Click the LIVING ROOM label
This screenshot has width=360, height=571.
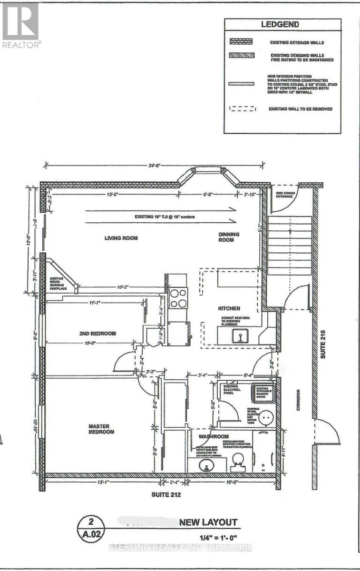pos(121,238)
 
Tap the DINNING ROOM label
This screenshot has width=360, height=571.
pos(229,237)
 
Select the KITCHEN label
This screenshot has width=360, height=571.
pos(229,308)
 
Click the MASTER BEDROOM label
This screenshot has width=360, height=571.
pos(101,429)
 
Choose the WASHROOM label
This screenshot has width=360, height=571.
pos(214,436)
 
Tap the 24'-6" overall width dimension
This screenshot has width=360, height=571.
pos(153,166)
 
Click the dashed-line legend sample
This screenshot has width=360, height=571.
pos(243,109)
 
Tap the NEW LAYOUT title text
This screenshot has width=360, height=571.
pos(207,522)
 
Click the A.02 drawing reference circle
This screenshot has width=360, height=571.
pos(93,527)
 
